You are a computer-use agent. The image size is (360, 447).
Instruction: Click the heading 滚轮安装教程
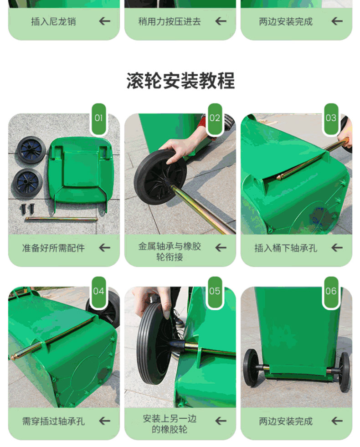click(180, 80)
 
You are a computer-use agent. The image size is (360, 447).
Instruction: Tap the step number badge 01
click(98, 118)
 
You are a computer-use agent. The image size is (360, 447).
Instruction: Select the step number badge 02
click(215, 118)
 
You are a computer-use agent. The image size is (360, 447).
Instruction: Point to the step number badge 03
click(331, 118)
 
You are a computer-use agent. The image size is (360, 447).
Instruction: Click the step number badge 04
click(98, 291)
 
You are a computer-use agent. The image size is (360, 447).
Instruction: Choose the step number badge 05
click(215, 291)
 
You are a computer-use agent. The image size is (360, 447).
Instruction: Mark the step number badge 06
click(331, 291)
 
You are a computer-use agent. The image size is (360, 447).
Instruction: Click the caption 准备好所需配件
click(53, 248)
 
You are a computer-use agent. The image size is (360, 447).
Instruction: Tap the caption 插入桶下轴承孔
click(286, 248)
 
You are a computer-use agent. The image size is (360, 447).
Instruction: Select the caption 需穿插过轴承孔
click(53, 421)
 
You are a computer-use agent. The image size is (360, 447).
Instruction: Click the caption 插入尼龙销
click(53, 21)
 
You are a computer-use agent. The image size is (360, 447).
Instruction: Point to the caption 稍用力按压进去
click(170, 21)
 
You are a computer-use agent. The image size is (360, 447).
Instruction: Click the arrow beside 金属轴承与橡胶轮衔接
click(221, 248)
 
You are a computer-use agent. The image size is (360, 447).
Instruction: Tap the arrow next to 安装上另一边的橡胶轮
click(221, 421)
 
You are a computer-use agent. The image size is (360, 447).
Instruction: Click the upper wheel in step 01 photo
click(31, 149)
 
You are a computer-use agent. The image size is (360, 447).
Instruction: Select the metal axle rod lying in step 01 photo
click(62, 219)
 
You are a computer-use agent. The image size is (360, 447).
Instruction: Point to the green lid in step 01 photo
click(81, 172)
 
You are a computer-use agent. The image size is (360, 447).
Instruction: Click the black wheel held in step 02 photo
click(160, 177)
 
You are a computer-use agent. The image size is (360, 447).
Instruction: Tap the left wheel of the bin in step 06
click(251, 367)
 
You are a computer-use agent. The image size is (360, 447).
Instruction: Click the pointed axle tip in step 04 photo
click(13, 358)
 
